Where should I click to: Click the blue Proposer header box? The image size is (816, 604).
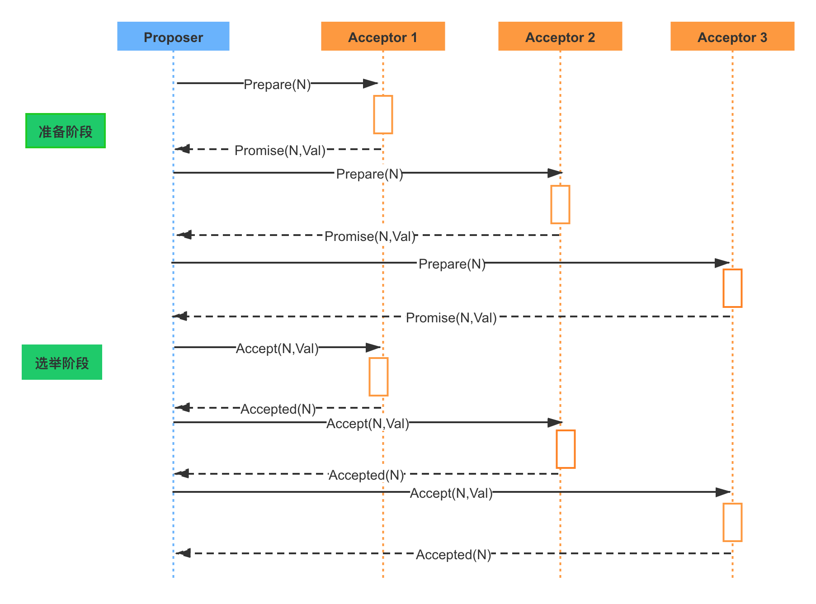173,36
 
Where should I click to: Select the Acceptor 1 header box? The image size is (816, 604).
383,36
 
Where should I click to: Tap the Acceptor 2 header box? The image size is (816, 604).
560,36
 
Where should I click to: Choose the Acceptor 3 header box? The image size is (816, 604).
732,36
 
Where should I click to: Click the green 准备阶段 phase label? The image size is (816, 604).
66,131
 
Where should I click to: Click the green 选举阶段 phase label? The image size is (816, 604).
62,362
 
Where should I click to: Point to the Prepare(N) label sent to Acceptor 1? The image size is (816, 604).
277,84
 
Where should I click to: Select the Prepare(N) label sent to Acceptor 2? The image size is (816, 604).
368,173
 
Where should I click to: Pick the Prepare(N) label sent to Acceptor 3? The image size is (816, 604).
451,263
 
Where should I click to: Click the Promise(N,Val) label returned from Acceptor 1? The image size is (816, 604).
279,150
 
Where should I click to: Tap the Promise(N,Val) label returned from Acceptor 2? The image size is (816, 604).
368,236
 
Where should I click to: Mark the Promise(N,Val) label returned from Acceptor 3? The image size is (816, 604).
451,317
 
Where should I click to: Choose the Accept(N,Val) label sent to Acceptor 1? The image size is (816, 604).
277,348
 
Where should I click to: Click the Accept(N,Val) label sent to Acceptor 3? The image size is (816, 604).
451,492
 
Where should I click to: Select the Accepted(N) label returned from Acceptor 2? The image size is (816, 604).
366,474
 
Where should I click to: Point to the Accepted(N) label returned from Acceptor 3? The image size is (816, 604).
453,554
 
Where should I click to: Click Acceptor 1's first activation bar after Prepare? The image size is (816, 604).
383,114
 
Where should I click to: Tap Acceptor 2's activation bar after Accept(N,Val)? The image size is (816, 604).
566,449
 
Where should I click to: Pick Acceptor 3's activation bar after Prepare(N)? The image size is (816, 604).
732,288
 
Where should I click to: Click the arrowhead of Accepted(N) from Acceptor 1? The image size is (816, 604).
182,408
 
